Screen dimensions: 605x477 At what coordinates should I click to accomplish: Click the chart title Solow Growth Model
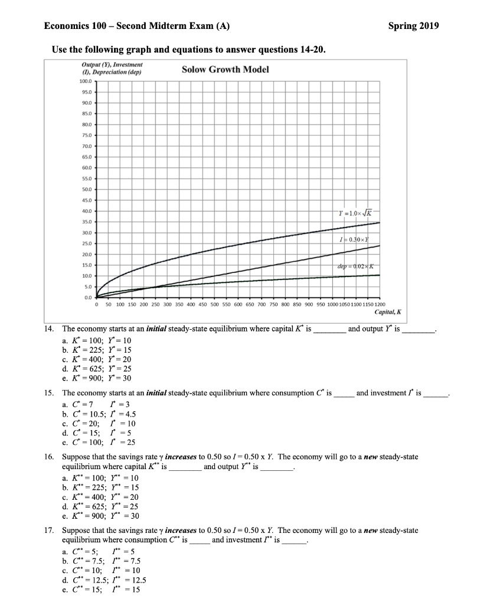coord(225,70)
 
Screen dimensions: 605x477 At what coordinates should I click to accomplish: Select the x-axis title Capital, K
coord(387,312)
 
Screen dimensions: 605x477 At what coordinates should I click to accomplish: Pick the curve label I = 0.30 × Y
coord(354,238)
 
